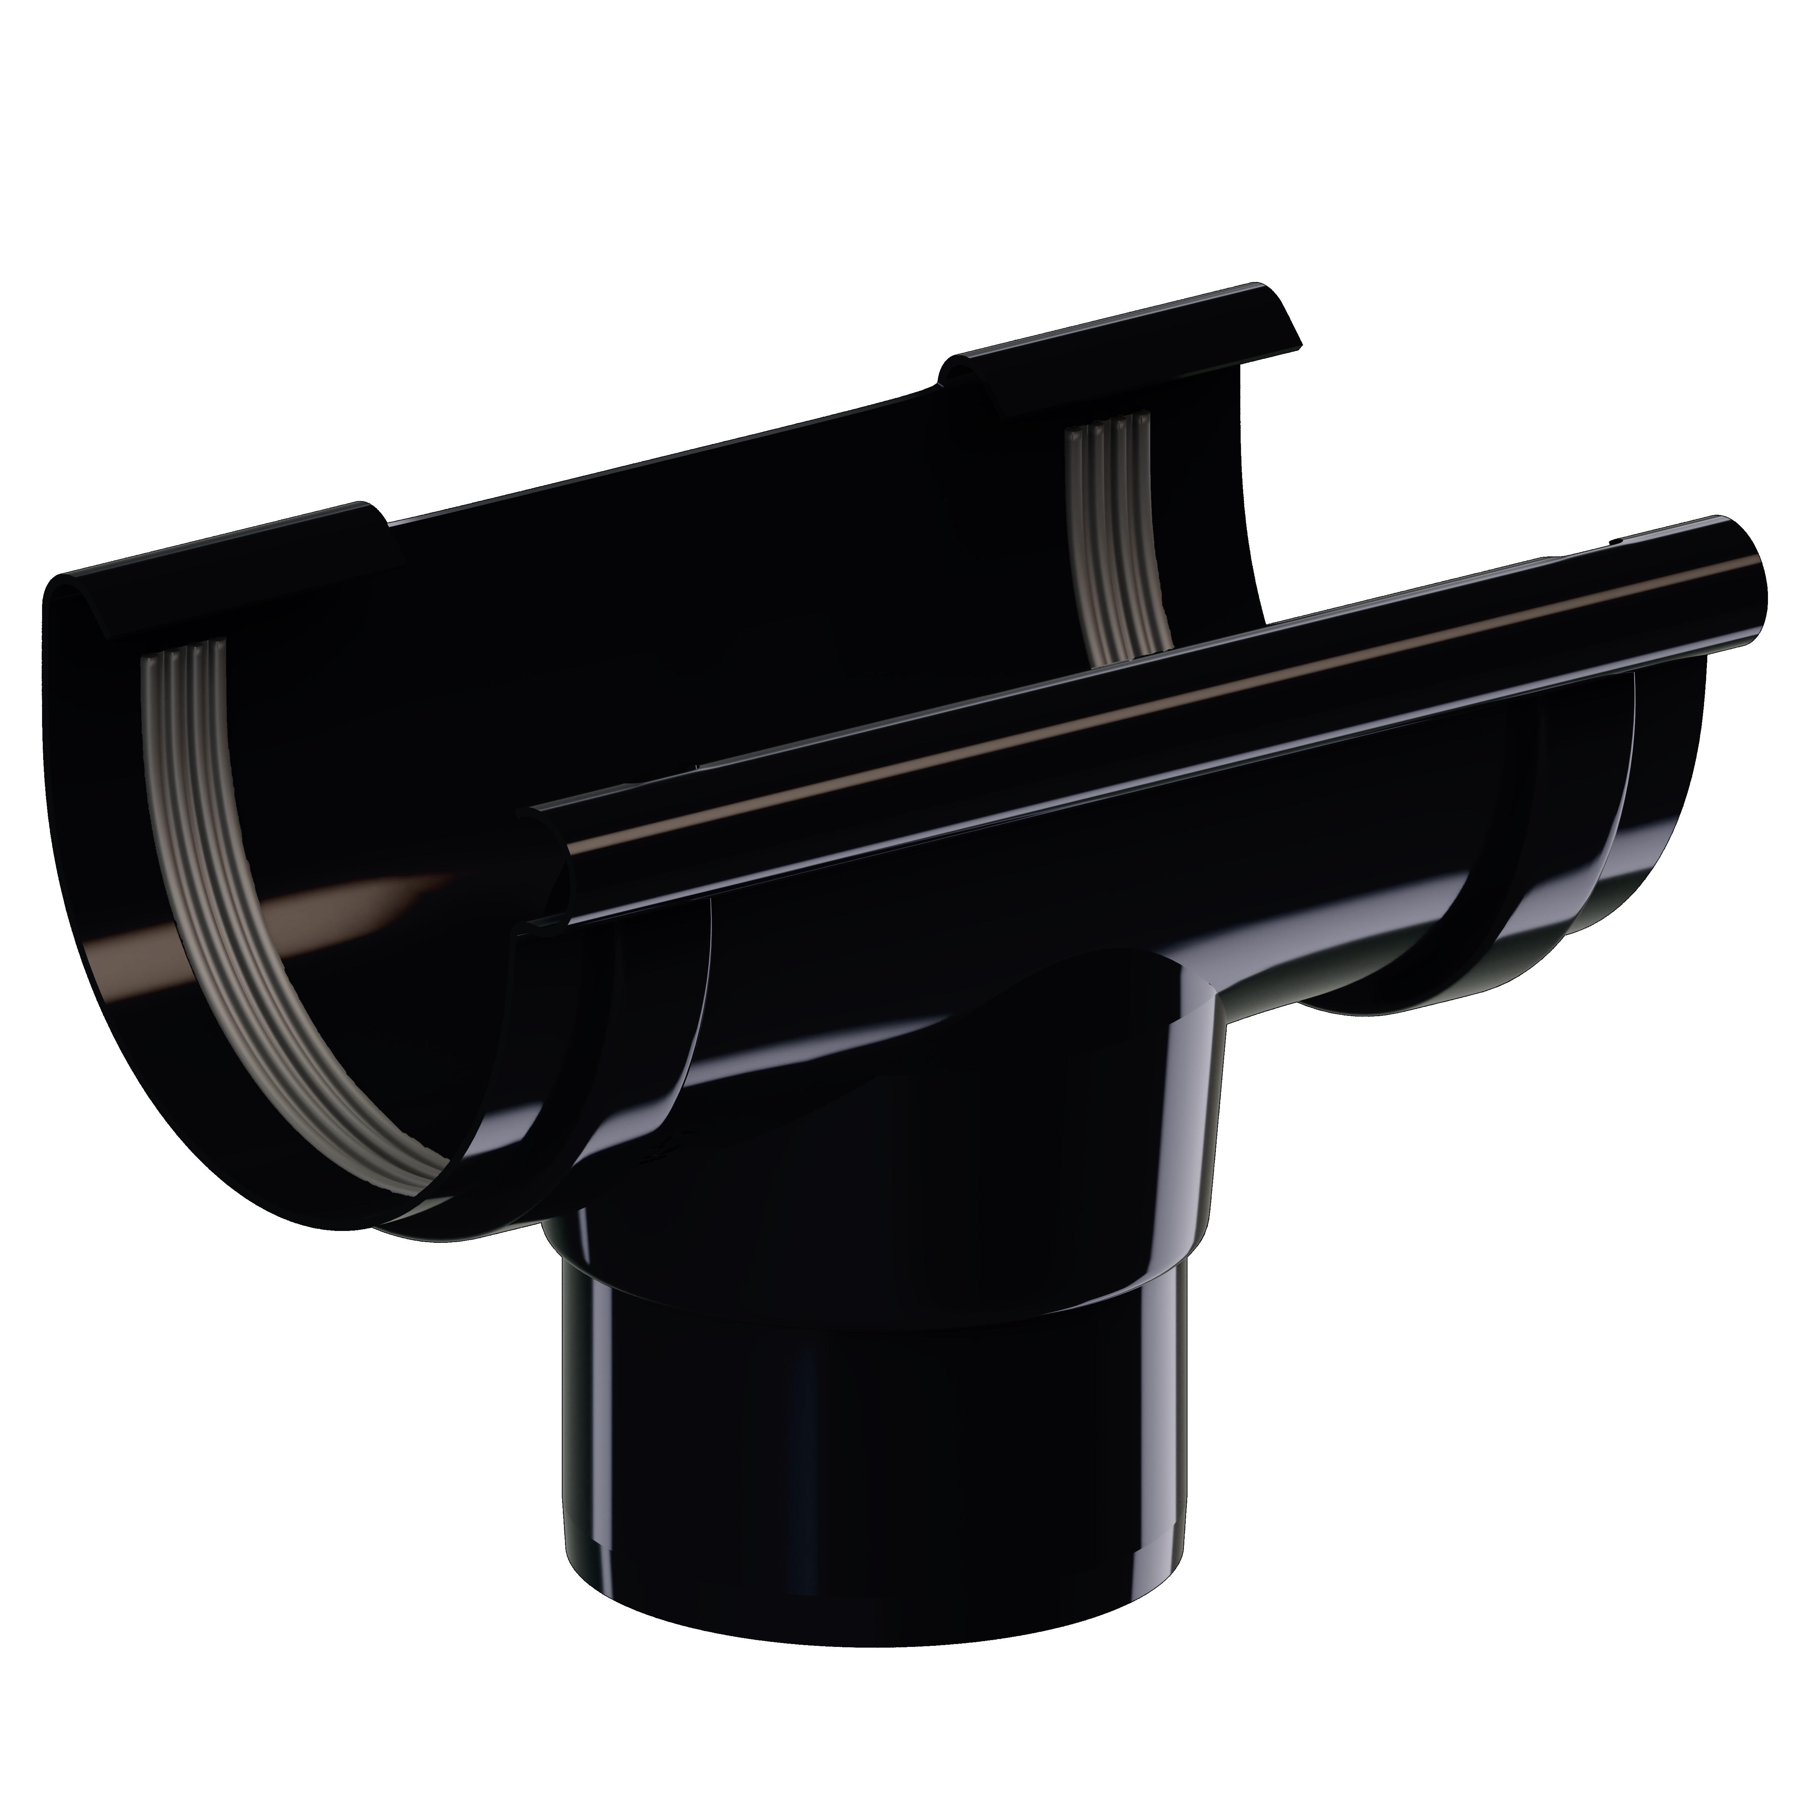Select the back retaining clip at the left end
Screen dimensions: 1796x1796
coord(223,567)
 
